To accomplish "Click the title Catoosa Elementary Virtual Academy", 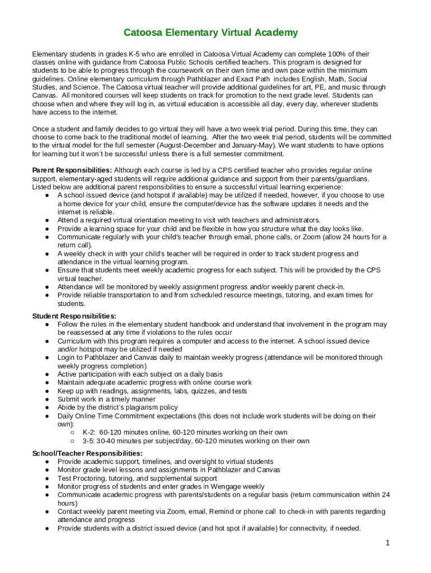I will click(x=210, y=32).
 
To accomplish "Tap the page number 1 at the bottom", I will click(x=387, y=543).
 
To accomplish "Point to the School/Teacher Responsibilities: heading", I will click(x=87, y=453).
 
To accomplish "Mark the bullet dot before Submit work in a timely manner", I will click(x=49, y=399).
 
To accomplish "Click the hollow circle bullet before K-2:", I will click(x=73, y=432).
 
